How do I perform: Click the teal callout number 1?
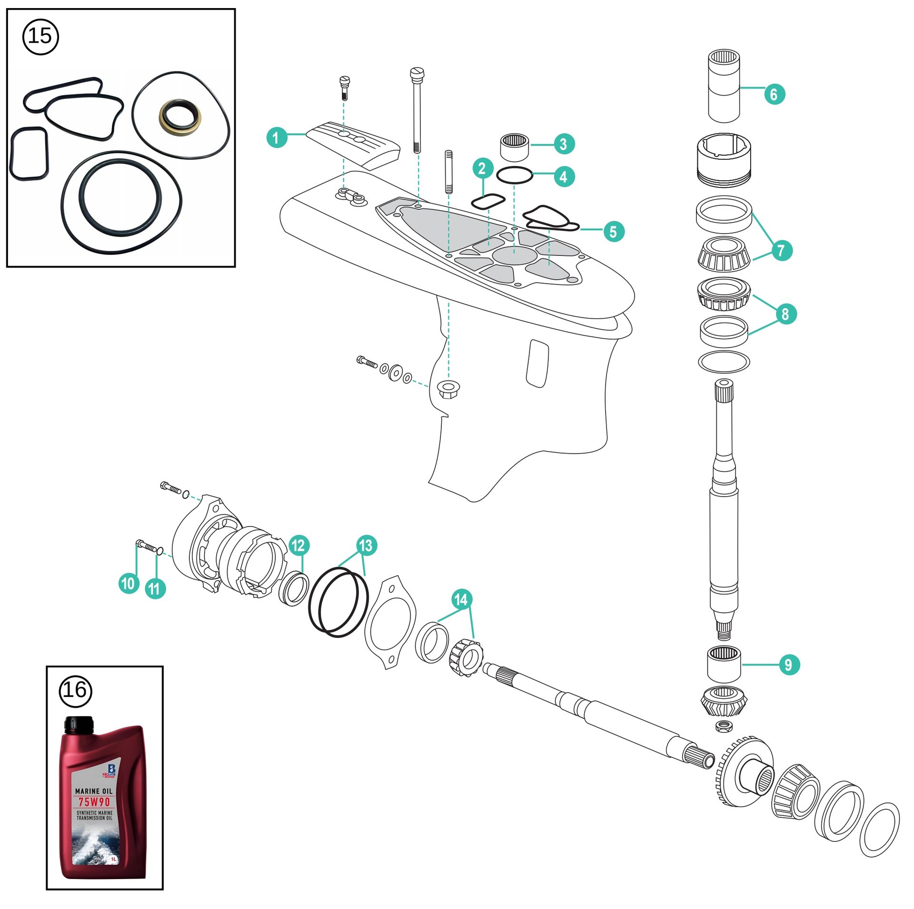click(x=276, y=137)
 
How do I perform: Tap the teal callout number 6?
click(x=774, y=94)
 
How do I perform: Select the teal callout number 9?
click(x=788, y=665)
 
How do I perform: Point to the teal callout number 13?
click(x=366, y=545)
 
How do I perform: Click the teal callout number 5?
click(x=613, y=232)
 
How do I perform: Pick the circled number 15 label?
click(x=40, y=36)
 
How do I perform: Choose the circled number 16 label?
click(x=75, y=690)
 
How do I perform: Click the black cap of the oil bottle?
click(x=79, y=725)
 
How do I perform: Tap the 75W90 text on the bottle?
click(x=94, y=801)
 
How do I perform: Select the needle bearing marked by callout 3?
click(x=515, y=147)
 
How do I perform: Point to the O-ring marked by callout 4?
click(x=514, y=175)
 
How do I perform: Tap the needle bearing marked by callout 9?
click(x=724, y=664)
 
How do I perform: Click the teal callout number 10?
click(x=128, y=583)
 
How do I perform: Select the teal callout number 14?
click(x=461, y=599)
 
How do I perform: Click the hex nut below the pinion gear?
click(x=724, y=726)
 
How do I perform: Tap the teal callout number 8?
click(x=785, y=314)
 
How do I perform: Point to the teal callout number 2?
click(x=482, y=168)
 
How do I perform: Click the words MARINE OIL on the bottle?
click(x=94, y=791)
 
